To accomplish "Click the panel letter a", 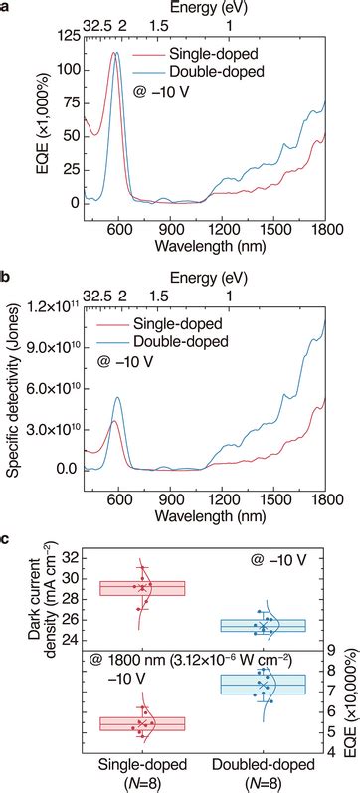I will pos(7,8).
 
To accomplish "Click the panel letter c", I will pos(7,537).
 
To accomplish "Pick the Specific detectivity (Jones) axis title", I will pos(13,388).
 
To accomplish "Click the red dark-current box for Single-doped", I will pos(142,588).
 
